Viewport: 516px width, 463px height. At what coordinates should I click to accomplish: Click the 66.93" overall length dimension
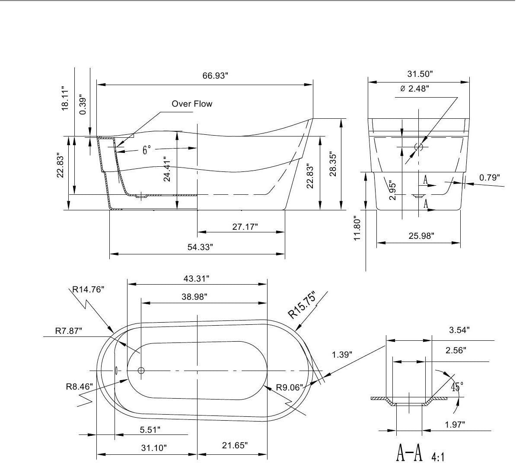pyautogui.click(x=215, y=76)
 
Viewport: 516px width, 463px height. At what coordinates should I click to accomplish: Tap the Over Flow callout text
pyautogui.click(x=192, y=104)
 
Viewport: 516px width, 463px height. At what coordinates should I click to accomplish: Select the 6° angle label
pyautogui.click(x=147, y=150)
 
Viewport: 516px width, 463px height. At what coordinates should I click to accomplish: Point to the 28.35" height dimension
pyautogui.click(x=333, y=164)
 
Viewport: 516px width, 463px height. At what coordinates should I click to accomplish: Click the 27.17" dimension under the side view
pyautogui.click(x=245, y=227)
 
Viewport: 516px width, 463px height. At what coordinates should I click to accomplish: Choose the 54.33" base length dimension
pyautogui.click(x=200, y=247)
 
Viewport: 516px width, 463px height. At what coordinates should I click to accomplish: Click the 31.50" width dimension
pyautogui.click(x=420, y=74)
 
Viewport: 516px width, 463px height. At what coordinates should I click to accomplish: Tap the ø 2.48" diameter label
pyautogui.click(x=414, y=89)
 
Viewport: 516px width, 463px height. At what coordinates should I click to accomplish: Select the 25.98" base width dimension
pyautogui.click(x=421, y=236)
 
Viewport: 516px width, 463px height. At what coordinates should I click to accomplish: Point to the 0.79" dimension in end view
pyautogui.click(x=489, y=178)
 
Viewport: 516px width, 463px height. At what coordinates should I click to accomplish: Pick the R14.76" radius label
pyautogui.click(x=89, y=290)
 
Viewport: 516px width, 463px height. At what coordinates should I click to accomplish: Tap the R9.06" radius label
pyautogui.click(x=289, y=387)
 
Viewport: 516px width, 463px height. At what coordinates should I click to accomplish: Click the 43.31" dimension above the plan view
pyautogui.click(x=197, y=279)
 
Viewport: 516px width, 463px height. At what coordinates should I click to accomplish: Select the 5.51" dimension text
pyautogui.click(x=150, y=430)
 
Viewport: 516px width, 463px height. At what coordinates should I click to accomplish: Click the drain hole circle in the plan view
pyautogui.click(x=141, y=371)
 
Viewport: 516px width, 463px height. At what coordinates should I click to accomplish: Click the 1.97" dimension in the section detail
pyautogui.click(x=455, y=425)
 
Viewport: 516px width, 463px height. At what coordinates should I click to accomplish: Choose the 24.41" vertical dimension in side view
pyautogui.click(x=167, y=169)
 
